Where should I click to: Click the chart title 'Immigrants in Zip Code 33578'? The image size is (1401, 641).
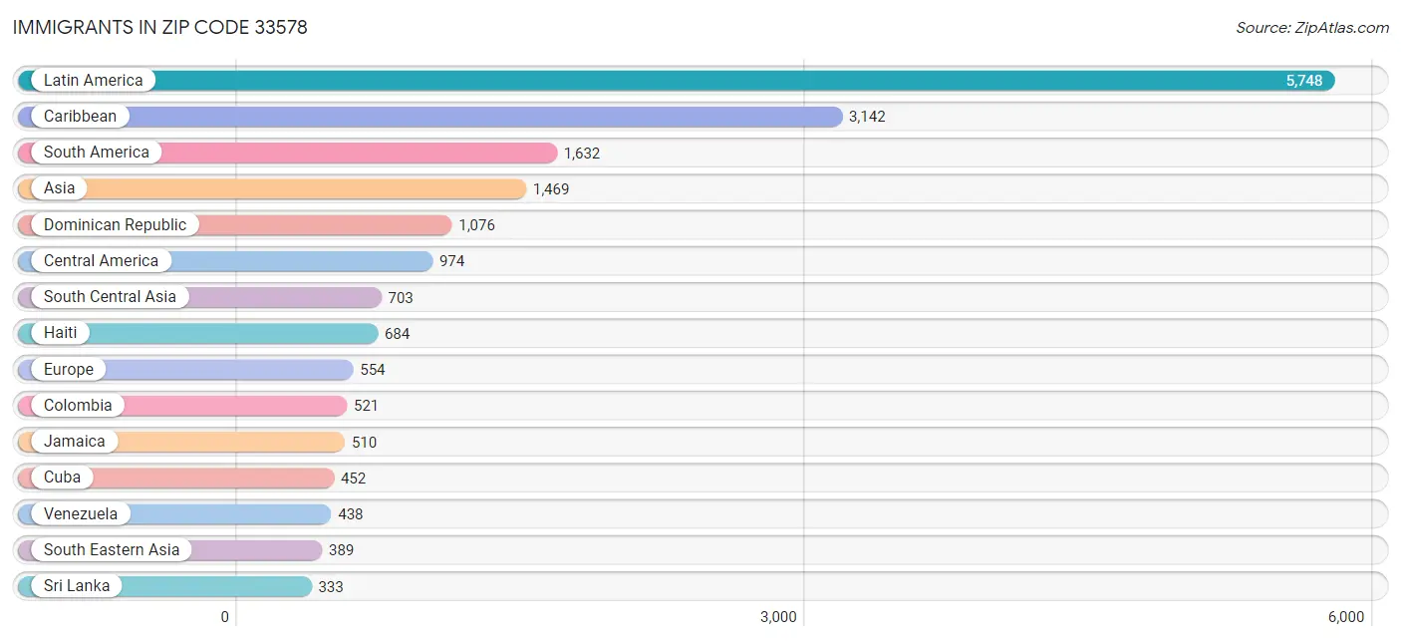(x=160, y=27)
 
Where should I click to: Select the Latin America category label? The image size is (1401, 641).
(x=93, y=81)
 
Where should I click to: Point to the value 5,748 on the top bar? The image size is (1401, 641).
(x=1303, y=81)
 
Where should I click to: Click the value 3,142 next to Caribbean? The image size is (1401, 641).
(x=866, y=117)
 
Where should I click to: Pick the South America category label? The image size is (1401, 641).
(x=96, y=153)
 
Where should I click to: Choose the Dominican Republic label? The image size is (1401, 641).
(x=115, y=225)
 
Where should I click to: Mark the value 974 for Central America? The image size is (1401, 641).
(x=451, y=261)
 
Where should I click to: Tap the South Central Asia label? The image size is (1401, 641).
(x=110, y=297)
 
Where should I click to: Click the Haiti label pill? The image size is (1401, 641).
(x=60, y=333)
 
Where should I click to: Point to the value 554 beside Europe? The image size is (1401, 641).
(x=373, y=370)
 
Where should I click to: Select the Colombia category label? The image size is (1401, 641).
(x=78, y=406)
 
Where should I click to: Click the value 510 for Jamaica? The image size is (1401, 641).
(x=365, y=442)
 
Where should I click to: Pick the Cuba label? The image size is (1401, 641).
(x=62, y=478)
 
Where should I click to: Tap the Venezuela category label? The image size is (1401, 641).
(x=81, y=514)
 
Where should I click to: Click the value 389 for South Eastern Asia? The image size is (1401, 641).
(x=341, y=550)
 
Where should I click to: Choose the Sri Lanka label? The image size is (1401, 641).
(x=77, y=586)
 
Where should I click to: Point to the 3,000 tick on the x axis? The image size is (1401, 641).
(x=778, y=617)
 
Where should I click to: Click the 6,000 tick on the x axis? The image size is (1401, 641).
(x=1345, y=617)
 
